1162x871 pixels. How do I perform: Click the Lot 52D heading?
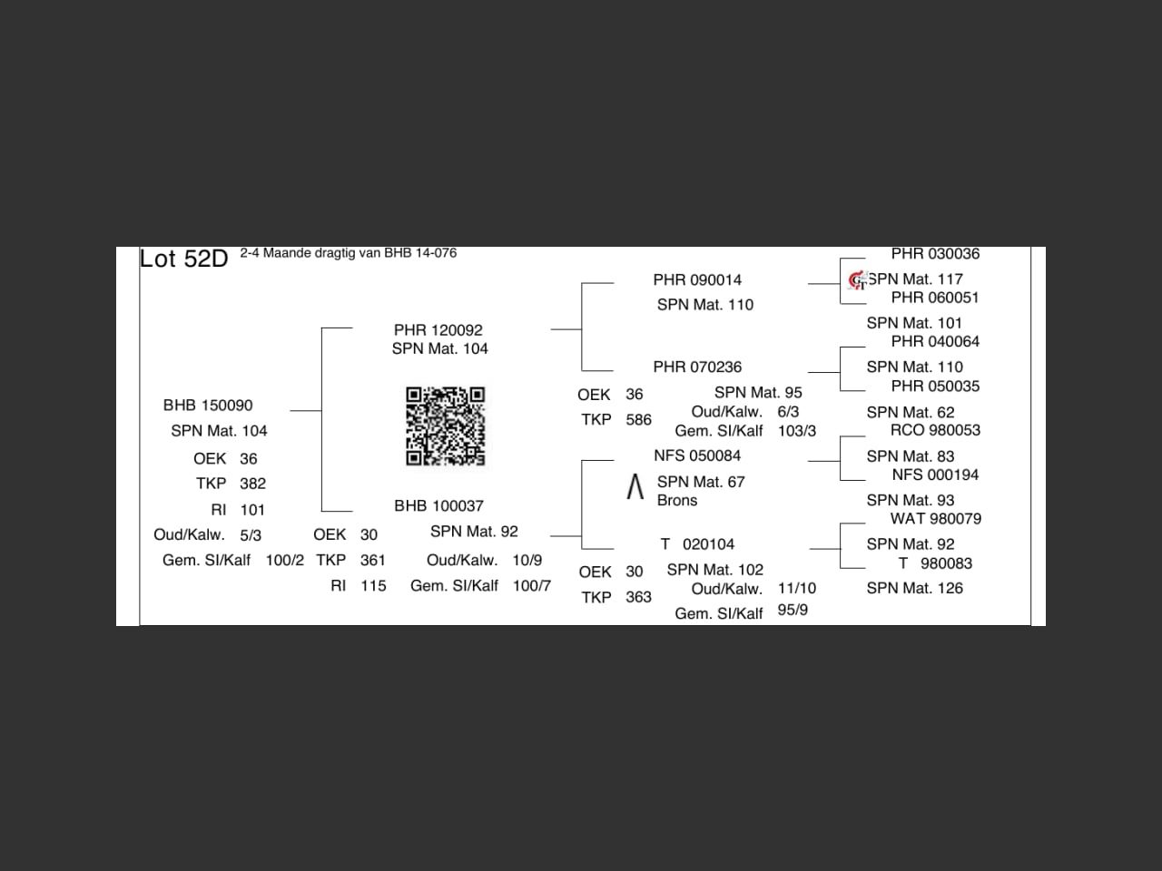click(183, 259)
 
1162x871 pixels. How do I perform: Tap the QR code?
click(445, 426)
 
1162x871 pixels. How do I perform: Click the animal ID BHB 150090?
click(208, 405)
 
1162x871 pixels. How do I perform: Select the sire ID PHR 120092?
click(438, 330)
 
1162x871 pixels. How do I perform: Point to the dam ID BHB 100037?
click(438, 506)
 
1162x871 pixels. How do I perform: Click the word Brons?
click(677, 500)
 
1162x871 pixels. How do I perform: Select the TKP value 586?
click(638, 420)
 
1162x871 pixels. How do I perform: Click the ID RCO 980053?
click(935, 430)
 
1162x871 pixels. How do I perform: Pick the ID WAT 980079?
click(935, 519)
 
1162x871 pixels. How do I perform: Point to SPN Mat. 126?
click(915, 588)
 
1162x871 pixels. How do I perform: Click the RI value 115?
click(373, 586)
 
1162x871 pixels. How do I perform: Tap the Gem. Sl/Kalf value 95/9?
click(793, 611)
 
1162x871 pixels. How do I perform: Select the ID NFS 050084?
click(697, 455)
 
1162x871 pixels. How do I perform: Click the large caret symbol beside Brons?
click(635, 486)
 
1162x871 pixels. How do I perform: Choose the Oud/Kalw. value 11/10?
click(797, 588)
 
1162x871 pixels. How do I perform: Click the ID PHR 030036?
click(935, 254)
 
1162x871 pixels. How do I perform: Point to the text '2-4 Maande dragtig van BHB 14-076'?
click(349, 253)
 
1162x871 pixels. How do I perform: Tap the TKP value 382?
click(253, 484)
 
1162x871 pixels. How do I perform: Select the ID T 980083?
click(935, 563)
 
